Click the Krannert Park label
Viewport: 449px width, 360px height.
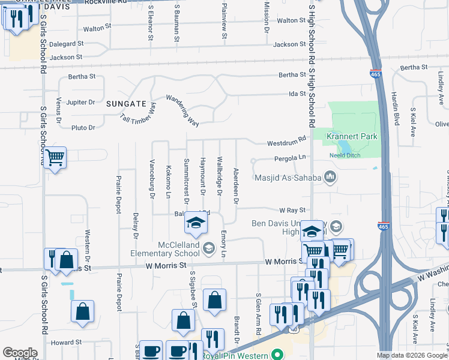[x=352, y=136]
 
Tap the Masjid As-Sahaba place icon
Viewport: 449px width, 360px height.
[x=330, y=176]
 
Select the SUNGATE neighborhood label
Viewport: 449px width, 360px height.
[x=126, y=104]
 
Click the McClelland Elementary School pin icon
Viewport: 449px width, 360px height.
[x=209, y=248]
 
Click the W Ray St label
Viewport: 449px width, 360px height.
[x=292, y=210]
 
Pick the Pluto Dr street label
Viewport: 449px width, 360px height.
[x=83, y=128]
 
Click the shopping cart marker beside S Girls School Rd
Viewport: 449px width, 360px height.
[x=55, y=158]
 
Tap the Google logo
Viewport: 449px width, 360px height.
[x=20, y=353]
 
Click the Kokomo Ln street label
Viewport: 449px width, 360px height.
[x=169, y=181]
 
